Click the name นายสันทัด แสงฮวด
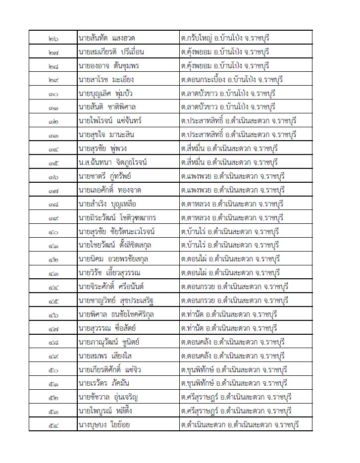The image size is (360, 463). coord(107,38)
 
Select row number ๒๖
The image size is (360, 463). coord(54,38)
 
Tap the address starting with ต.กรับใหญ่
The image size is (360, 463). coord(225,38)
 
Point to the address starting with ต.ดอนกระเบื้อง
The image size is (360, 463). coord(232,80)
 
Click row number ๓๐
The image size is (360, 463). coord(54,94)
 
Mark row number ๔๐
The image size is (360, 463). coord(54,231)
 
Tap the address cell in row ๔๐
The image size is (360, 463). coord(231,231)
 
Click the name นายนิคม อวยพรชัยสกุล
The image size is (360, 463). coord(113,259)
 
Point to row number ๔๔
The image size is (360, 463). coord(54,287)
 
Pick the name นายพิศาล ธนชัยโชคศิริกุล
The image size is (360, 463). coord(117,314)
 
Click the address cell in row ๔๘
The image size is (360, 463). coord(233,342)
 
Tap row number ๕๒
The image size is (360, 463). coord(54,397)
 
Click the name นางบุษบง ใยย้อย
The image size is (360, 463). coord(104,424)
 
